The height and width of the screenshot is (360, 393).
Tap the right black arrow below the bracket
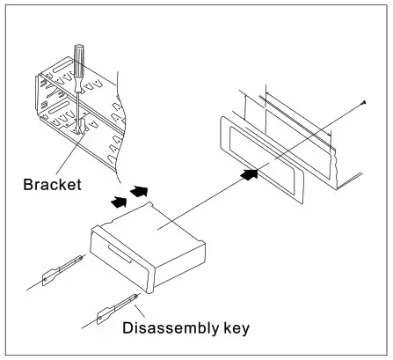coord(139,190)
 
